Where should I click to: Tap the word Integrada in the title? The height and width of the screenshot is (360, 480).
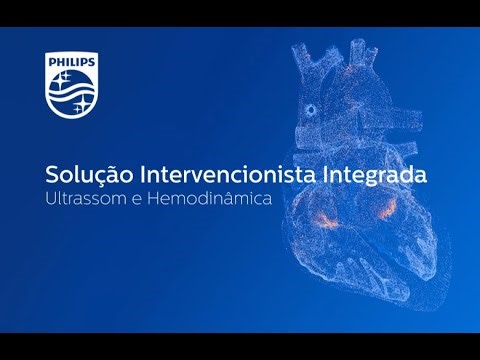[x=375, y=175]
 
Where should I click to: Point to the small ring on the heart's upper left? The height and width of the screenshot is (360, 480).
[x=312, y=109]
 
